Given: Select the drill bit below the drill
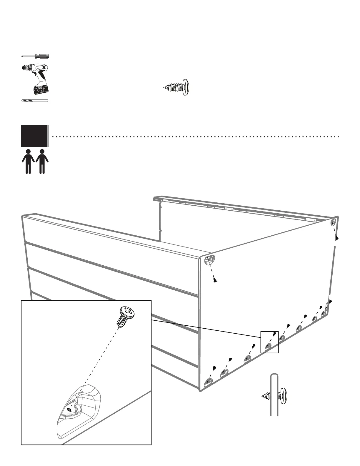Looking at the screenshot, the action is pyautogui.click(x=34, y=101).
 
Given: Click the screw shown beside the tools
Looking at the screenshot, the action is pyautogui.click(x=177, y=87).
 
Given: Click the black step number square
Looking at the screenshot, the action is pyautogui.click(x=34, y=136).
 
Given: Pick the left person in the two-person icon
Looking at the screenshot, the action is pyautogui.click(x=28, y=161).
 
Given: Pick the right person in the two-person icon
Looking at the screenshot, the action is pyautogui.click(x=42, y=161).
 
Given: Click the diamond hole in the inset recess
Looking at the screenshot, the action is pyautogui.click(x=70, y=410).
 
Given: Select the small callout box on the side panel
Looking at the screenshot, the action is pyautogui.click(x=269, y=342).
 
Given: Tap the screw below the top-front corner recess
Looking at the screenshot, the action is pyautogui.click(x=215, y=280).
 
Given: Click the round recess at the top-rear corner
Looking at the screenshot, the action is pyautogui.click(x=334, y=222).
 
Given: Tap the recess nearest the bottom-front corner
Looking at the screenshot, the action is pyautogui.click(x=209, y=382).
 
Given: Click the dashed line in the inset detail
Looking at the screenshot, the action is pyautogui.click(x=97, y=365).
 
